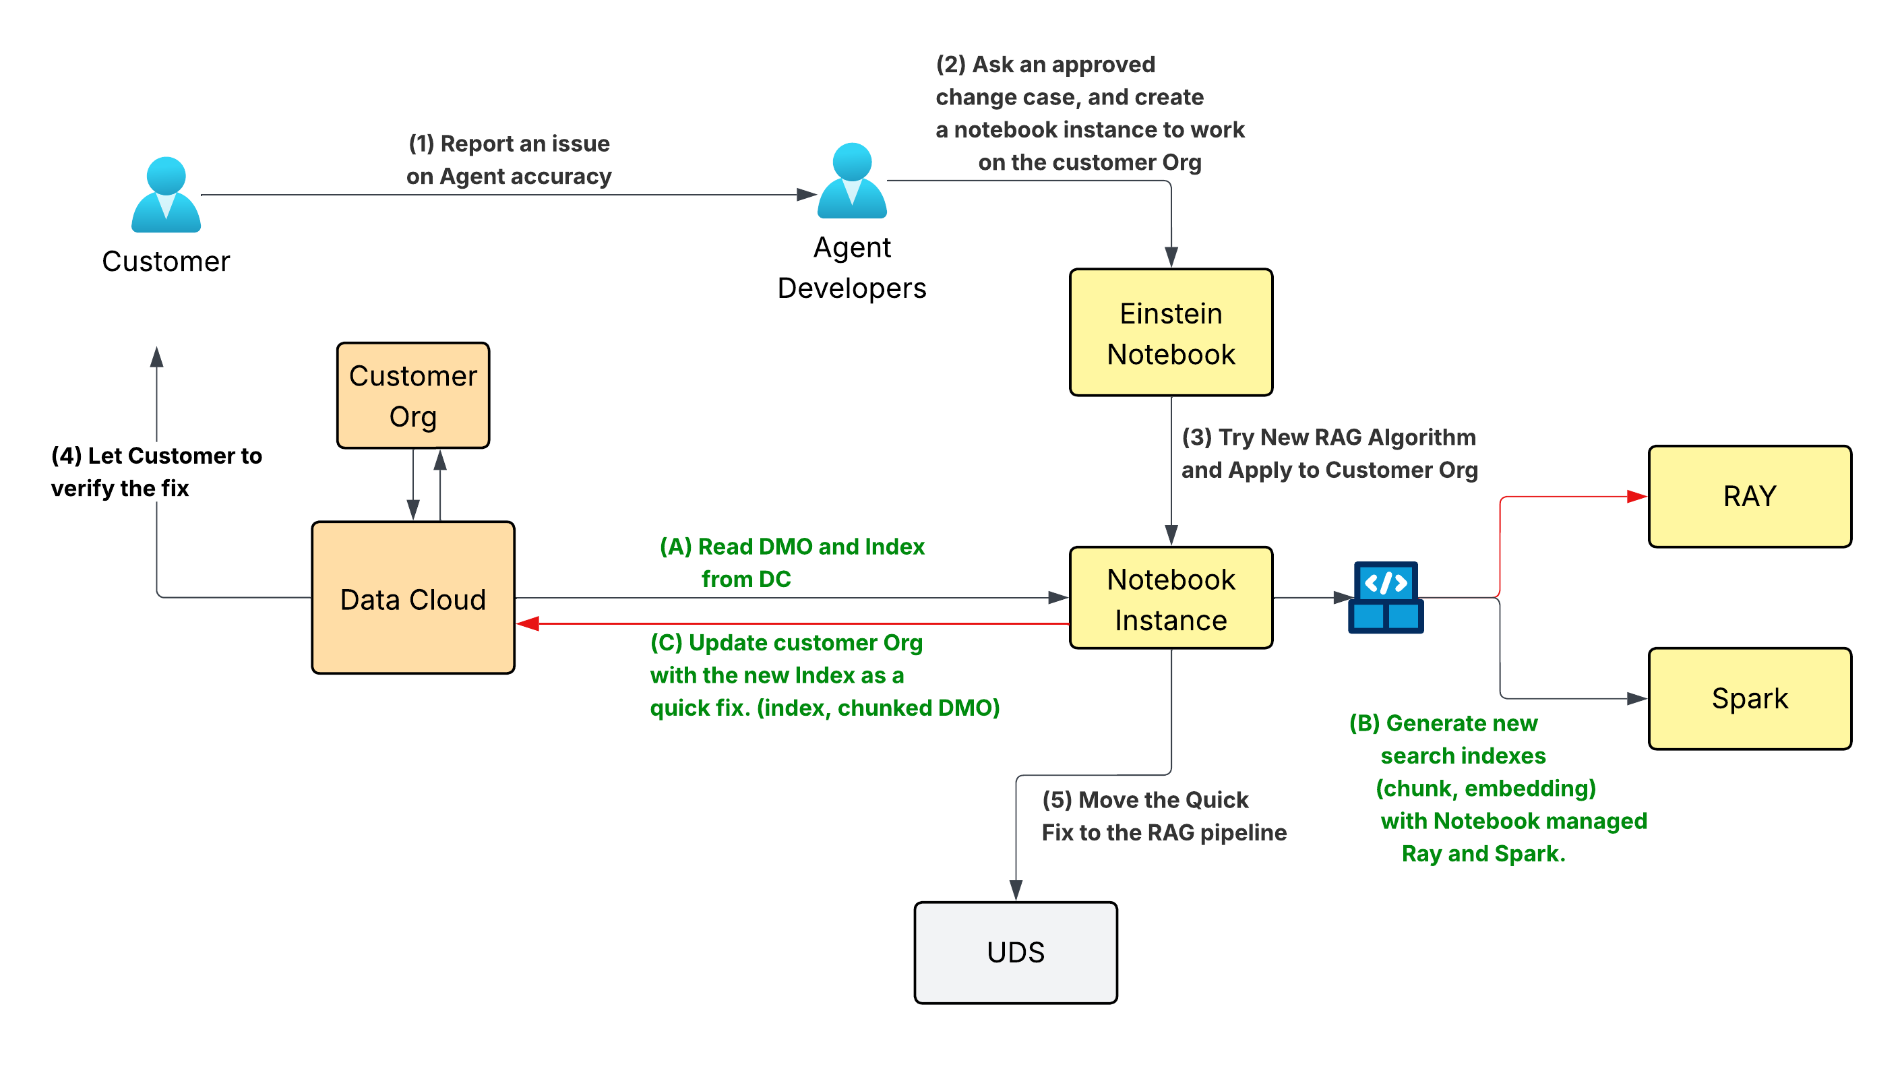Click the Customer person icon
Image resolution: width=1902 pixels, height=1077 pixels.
[166, 195]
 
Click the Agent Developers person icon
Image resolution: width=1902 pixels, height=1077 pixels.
[851, 181]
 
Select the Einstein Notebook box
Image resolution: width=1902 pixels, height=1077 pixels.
[1170, 333]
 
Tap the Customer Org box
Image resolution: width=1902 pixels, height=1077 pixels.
[412, 396]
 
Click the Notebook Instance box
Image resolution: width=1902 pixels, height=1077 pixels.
[1170, 598]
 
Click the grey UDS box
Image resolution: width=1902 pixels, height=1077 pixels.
[1014, 952]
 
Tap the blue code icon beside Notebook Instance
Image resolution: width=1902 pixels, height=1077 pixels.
[1385, 597]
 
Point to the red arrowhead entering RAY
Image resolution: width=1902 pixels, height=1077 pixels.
[1636, 496]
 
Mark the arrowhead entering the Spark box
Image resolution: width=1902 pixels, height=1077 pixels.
[1636, 698]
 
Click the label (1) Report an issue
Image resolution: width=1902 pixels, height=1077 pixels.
[509, 144]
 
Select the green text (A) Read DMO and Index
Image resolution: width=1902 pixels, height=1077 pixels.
[791, 547]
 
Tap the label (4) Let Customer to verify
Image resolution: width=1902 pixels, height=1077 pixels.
[156, 456]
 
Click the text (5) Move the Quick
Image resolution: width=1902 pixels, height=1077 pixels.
[1144, 799]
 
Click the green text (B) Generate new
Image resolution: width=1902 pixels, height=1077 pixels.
[1442, 722]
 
